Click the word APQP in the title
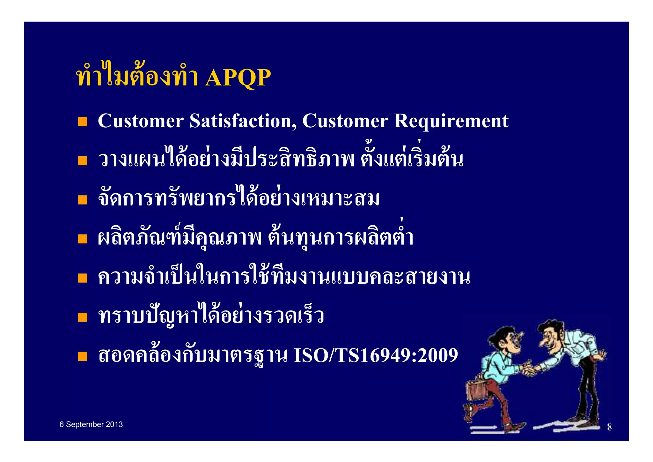tap(238, 78)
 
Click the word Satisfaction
tap(243, 121)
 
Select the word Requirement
tap(451, 121)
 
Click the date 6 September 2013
tap(91, 424)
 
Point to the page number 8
tap(609, 427)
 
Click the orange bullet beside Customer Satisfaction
tap(82, 122)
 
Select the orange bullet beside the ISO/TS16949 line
tap(82, 356)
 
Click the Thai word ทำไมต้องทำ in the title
tap(137, 78)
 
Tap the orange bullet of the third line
tap(82, 200)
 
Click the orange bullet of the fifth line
tap(82, 278)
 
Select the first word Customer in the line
tap(141, 121)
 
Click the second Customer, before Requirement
tap(345, 121)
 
